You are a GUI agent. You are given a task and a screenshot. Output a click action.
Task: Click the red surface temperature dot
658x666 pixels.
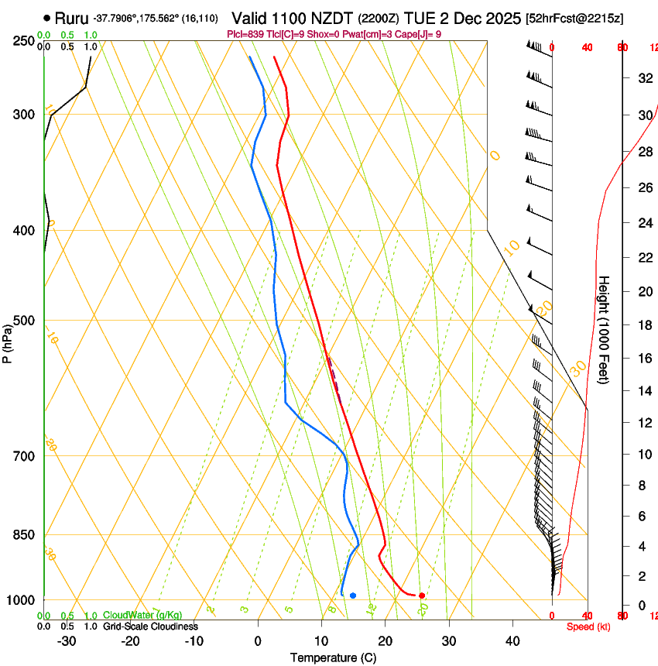pyautogui.click(x=421, y=596)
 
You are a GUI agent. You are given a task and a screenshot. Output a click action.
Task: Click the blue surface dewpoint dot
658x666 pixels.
pyautogui.click(x=353, y=596)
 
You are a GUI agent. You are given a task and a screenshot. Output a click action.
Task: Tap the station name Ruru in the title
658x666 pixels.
pyautogui.click(x=70, y=18)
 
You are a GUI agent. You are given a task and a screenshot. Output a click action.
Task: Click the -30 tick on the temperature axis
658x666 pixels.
pyautogui.click(x=67, y=640)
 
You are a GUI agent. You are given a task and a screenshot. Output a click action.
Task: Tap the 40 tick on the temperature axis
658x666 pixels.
pyautogui.click(x=512, y=640)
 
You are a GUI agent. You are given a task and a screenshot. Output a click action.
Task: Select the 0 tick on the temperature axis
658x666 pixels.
pyautogui.click(x=259, y=640)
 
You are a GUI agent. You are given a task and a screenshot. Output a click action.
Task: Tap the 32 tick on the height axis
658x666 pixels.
pyautogui.click(x=643, y=77)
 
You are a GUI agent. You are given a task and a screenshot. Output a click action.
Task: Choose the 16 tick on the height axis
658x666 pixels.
pyautogui.click(x=643, y=359)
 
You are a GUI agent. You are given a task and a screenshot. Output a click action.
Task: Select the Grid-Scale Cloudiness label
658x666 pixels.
pyautogui.click(x=150, y=627)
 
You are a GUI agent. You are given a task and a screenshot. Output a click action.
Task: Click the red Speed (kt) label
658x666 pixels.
pyautogui.click(x=588, y=627)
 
